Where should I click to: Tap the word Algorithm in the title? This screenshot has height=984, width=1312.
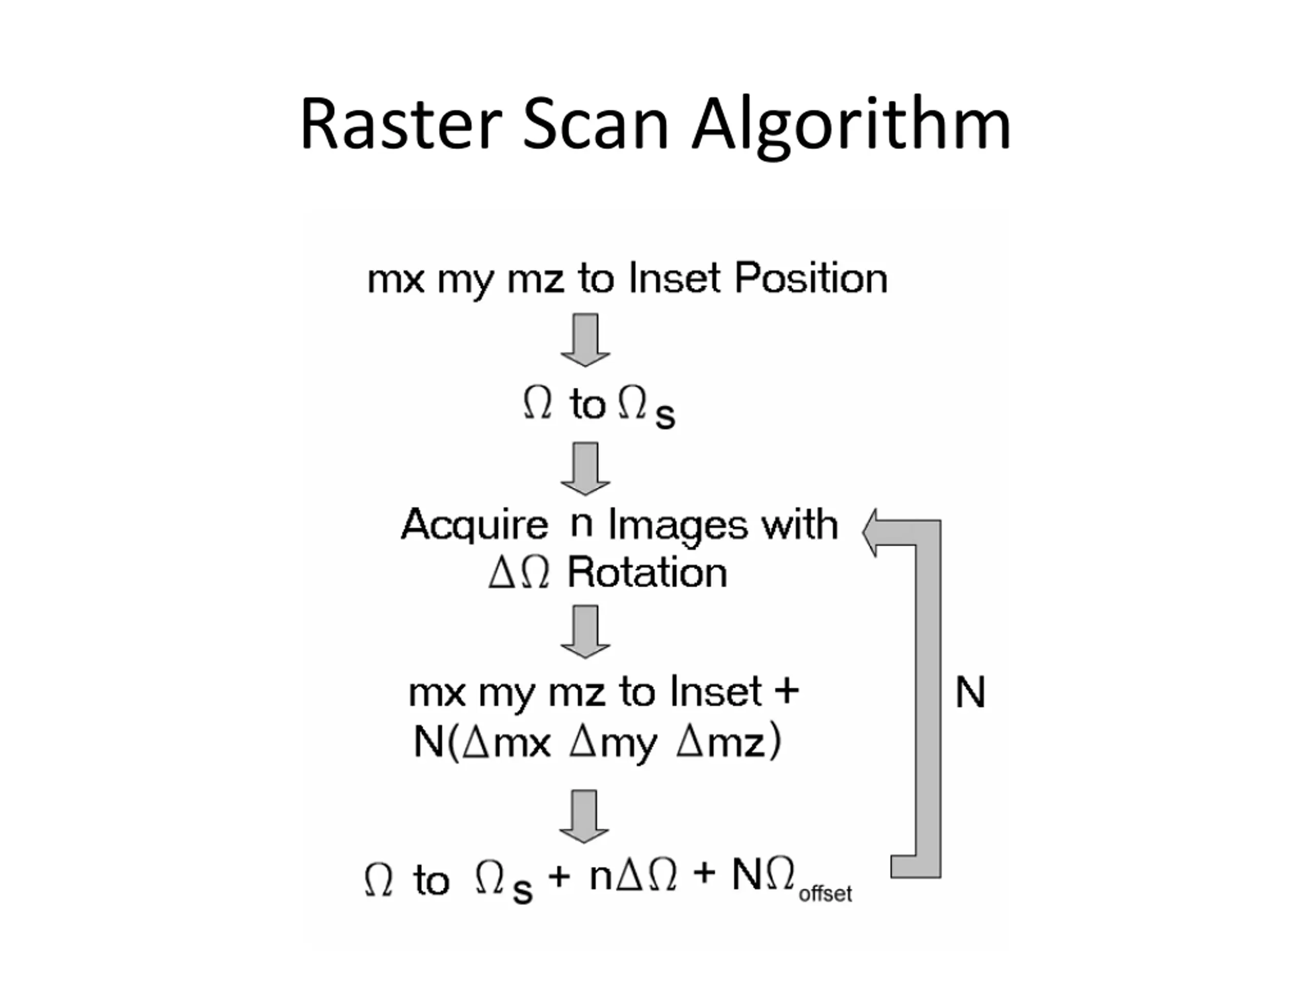click(x=852, y=126)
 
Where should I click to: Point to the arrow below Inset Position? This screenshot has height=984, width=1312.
click(x=585, y=340)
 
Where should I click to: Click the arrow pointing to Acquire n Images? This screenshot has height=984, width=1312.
click(x=585, y=468)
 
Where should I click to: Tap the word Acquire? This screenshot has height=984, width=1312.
click(x=475, y=525)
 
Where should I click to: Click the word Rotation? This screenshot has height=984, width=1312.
click(x=647, y=573)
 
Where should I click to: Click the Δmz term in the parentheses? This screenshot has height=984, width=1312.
click(x=721, y=742)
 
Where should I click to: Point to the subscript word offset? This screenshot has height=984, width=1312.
click(x=825, y=893)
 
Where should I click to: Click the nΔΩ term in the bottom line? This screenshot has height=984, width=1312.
click(x=633, y=875)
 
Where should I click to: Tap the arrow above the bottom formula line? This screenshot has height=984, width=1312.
click(x=584, y=816)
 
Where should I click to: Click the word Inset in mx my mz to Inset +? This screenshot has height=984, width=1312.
click(x=716, y=691)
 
